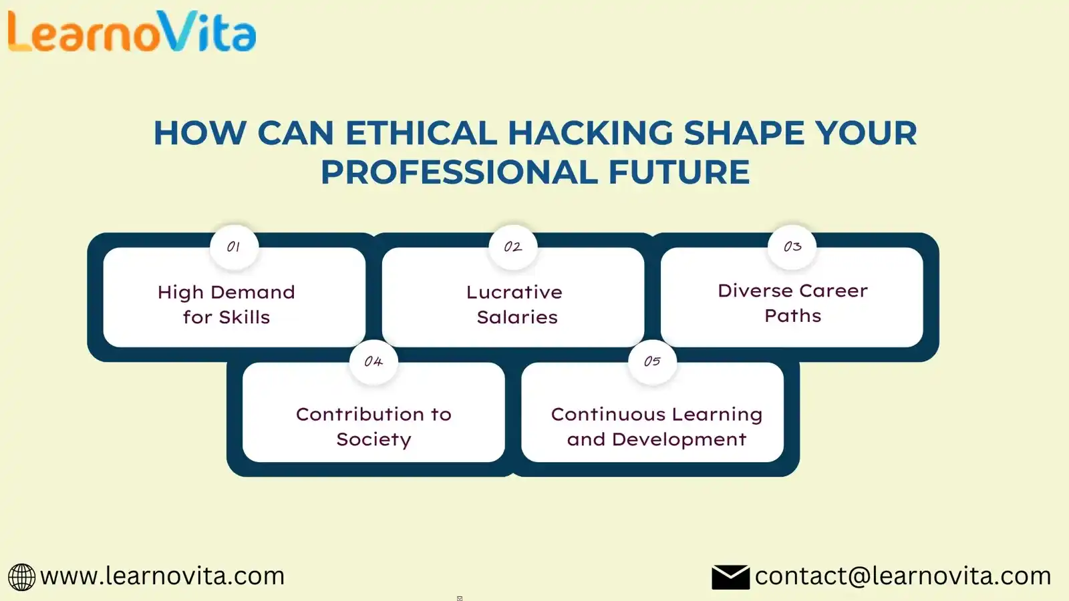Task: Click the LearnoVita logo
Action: [x=132, y=31]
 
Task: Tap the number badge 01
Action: [x=234, y=248]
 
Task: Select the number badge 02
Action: [x=513, y=248]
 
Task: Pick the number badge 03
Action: [x=792, y=247]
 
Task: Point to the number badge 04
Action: [x=373, y=362]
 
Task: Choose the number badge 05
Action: [x=652, y=361]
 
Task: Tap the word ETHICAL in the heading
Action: [x=421, y=133]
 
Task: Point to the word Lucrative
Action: [x=514, y=292]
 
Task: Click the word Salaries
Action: [x=517, y=317]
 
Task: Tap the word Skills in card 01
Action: [x=245, y=317]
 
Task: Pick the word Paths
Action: [x=792, y=316]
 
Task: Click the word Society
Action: [x=373, y=439]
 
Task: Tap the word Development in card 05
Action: [x=679, y=439]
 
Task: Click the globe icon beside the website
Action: [x=21, y=577]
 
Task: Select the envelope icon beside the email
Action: [x=731, y=577]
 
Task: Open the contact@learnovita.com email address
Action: [x=903, y=576]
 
